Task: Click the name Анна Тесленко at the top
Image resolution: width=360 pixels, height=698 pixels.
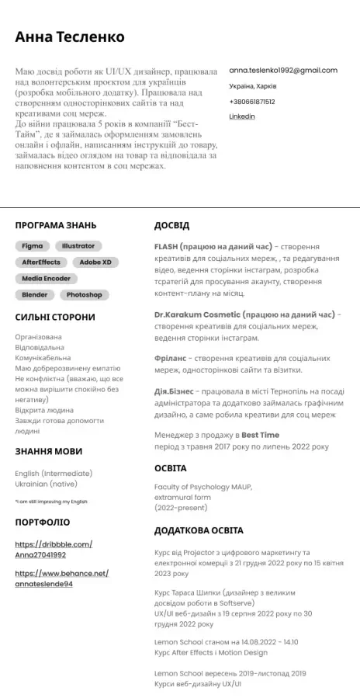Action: point(69,36)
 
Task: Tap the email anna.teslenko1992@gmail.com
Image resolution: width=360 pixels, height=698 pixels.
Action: point(282,70)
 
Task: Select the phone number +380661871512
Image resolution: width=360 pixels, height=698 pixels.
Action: point(251,101)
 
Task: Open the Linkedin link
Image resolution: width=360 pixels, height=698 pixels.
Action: point(242,116)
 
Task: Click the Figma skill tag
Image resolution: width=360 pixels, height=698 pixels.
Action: point(32,245)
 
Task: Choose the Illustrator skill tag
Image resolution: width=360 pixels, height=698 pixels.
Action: point(78,245)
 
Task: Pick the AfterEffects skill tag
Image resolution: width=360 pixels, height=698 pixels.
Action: point(41,262)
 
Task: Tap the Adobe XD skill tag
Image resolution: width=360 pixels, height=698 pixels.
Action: point(95,262)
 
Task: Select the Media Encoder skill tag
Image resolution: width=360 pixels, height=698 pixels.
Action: point(46,278)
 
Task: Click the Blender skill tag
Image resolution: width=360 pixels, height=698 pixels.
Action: point(35,294)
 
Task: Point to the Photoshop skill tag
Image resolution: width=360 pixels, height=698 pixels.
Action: point(84,294)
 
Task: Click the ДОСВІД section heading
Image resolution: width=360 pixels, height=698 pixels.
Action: point(171,225)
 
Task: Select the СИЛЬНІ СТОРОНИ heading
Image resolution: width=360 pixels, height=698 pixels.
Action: point(55,317)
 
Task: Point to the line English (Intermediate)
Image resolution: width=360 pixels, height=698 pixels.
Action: point(54,473)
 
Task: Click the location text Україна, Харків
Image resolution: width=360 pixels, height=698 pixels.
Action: point(253,85)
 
